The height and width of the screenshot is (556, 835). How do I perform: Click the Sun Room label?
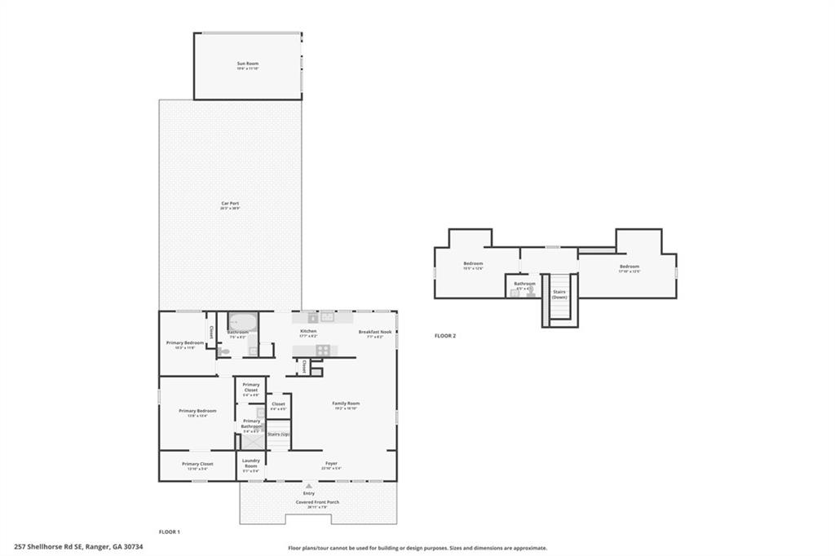[x=247, y=64]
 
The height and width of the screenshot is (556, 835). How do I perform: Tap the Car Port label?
[x=229, y=204]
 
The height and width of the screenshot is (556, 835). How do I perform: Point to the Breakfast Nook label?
[x=375, y=332]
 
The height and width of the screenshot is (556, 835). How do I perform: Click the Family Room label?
[x=346, y=404]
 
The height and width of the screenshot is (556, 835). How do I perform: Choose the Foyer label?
[x=331, y=464]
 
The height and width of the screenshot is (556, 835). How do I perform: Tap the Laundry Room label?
[x=251, y=462]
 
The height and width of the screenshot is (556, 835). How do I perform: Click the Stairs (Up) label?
[x=279, y=435]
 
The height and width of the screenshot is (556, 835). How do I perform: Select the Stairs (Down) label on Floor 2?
[x=559, y=293]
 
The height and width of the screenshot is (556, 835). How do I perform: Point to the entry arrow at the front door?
[x=308, y=486]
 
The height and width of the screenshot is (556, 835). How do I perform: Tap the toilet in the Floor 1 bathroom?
[x=224, y=351]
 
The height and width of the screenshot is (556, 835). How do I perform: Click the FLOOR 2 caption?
[x=444, y=336]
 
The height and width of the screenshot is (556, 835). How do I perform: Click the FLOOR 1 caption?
[x=169, y=532]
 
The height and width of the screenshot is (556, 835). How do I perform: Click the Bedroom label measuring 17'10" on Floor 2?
[x=629, y=267]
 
